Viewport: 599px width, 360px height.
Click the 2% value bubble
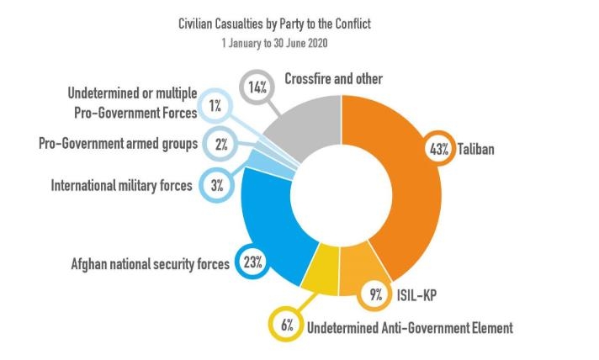pyautogui.click(x=220, y=145)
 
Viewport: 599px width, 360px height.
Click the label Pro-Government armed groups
pyautogui.click(x=118, y=144)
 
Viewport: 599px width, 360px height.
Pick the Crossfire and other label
pyautogui.click(x=333, y=78)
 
